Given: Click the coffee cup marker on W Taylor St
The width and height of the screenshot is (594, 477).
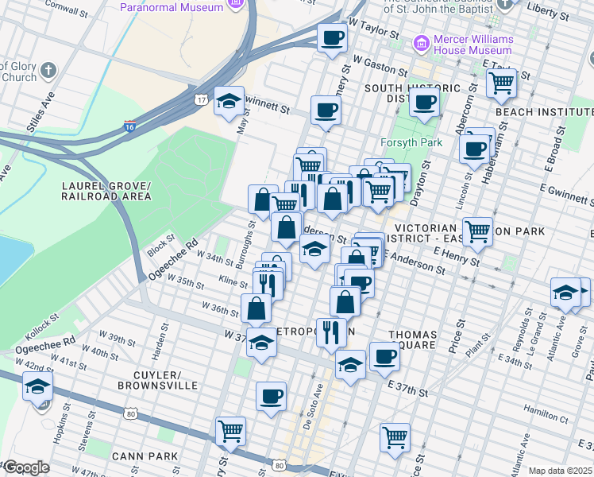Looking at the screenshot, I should tap(332, 37).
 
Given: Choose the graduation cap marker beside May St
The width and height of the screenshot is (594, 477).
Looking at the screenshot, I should tap(229, 101).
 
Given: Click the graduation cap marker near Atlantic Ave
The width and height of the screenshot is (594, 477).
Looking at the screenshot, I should tap(565, 292).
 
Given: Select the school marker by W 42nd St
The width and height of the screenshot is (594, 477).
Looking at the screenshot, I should tap(37, 388).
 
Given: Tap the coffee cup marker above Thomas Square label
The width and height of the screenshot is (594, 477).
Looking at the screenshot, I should tap(384, 356).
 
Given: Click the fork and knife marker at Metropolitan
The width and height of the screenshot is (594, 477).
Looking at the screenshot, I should tap(331, 332).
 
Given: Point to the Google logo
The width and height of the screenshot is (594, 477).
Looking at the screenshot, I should tap(25, 467).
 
